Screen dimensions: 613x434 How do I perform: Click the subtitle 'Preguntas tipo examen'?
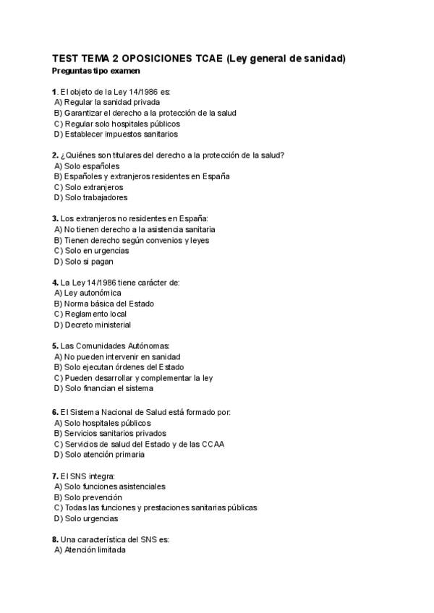(x=96, y=71)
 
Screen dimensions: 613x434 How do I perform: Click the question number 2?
(x=55, y=155)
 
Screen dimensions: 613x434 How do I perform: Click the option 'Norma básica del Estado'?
(x=109, y=304)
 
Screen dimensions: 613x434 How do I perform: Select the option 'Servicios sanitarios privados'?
(x=114, y=433)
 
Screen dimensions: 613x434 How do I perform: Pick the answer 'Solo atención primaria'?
(x=104, y=455)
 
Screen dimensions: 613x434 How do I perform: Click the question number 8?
(x=55, y=539)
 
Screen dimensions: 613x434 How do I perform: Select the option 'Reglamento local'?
(x=95, y=314)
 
